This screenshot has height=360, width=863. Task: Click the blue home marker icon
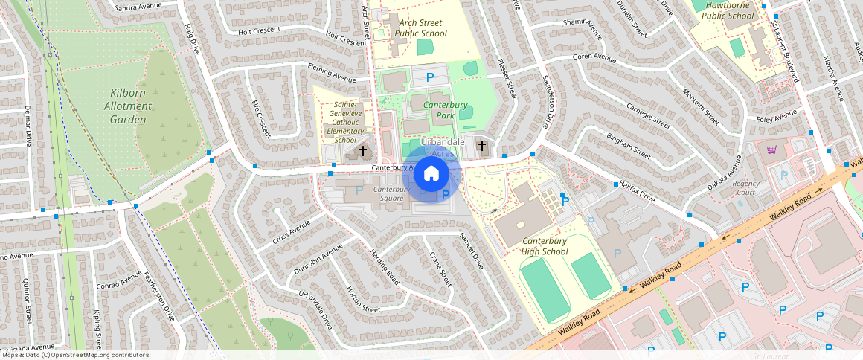(431, 174)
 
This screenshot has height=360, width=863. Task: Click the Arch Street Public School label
(420, 28)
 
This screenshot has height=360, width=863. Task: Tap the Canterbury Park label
(445, 110)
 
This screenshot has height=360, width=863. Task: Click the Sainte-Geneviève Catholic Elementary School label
(345, 122)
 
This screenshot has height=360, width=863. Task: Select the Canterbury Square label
(391, 194)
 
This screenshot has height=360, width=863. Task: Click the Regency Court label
(745, 187)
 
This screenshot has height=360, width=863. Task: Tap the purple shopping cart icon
(772, 150)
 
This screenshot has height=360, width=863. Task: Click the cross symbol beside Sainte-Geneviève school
(363, 151)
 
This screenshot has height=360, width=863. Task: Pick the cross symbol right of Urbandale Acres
(482, 145)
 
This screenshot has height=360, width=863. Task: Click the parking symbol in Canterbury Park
(429, 77)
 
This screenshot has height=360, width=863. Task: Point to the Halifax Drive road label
(638, 193)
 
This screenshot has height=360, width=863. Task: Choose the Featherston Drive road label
(159, 295)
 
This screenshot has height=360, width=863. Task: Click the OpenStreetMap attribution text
(74, 355)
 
